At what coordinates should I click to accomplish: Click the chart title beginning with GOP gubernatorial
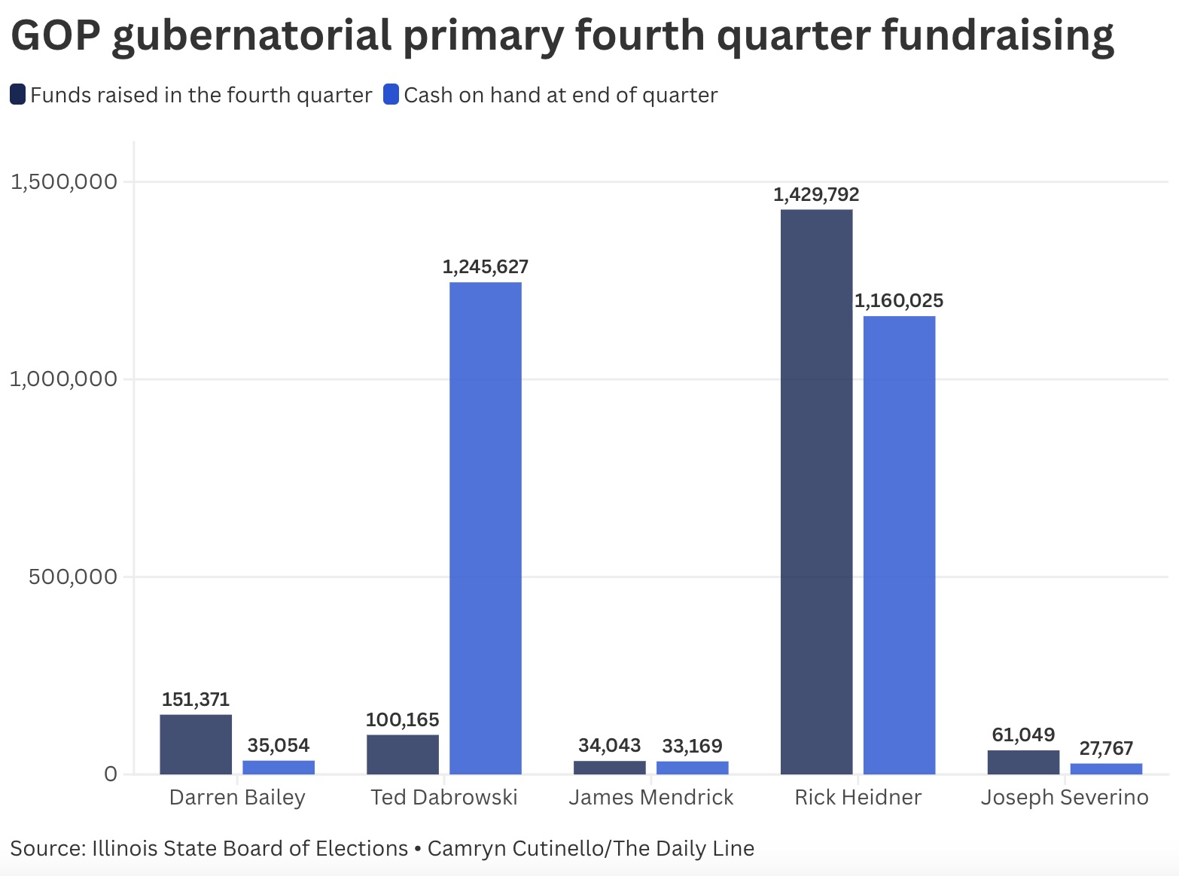(562, 35)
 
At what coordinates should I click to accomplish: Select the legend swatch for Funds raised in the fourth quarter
(17, 95)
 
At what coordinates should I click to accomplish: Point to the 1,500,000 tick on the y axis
(64, 181)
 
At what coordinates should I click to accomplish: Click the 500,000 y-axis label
(74, 576)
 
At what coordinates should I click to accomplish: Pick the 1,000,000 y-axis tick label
(64, 379)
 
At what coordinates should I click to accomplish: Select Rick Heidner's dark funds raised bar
(816, 491)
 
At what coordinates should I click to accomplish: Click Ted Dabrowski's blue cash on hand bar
(486, 528)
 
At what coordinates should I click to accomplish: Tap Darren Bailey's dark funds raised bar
(196, 744)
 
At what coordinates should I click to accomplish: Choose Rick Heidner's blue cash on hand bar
(899, 545)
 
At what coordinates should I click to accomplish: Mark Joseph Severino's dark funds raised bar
(1023, 762)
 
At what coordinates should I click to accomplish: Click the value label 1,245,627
(486, 267)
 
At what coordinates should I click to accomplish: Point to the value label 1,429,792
(816, 195)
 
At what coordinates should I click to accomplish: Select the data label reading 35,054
(279, 746)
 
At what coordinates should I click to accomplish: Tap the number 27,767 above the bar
(1106, 749)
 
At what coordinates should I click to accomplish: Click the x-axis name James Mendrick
(651, 798)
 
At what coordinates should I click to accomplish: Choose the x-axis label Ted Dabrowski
(444, 798)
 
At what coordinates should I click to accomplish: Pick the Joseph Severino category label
(1065, 798)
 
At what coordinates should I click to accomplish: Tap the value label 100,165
(403, 720)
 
